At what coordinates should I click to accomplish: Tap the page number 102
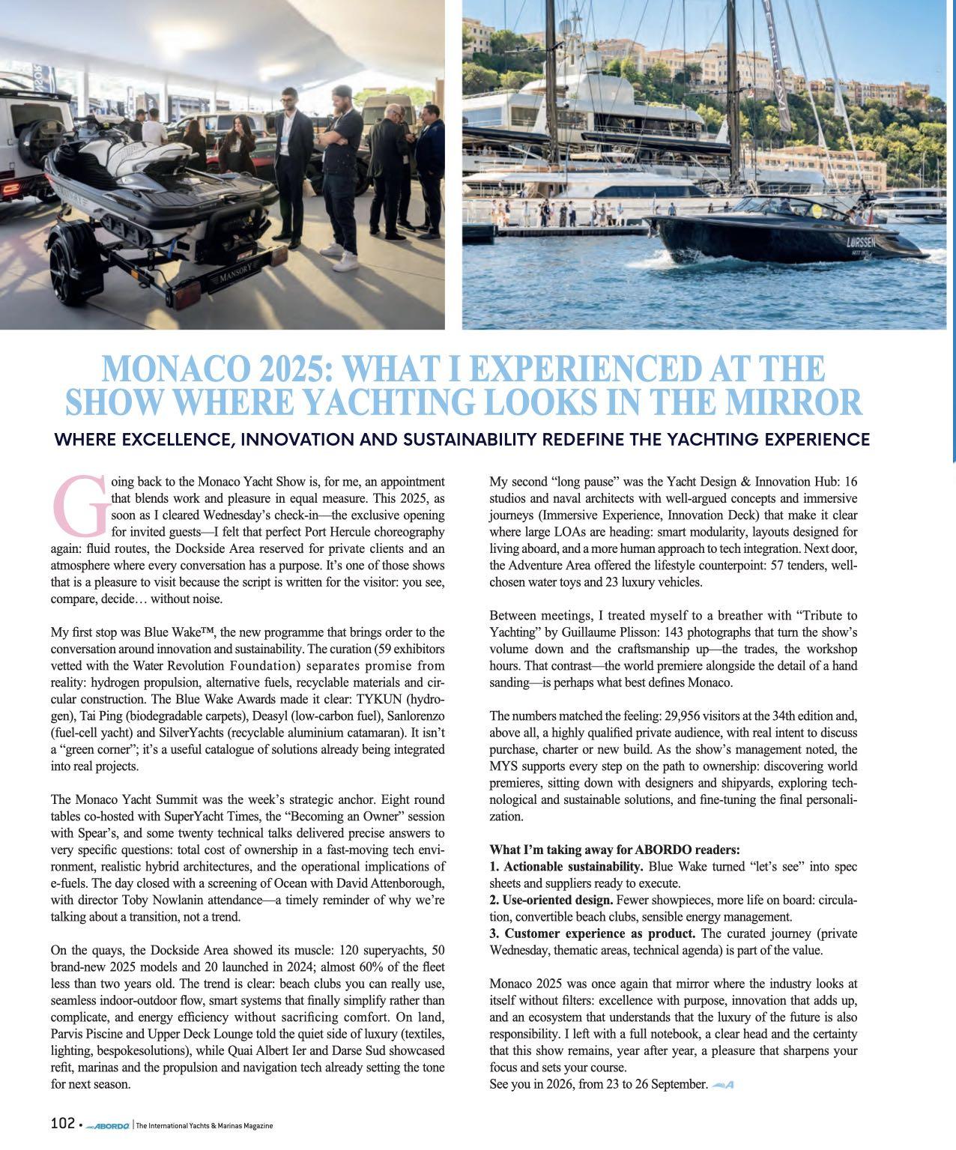62,1123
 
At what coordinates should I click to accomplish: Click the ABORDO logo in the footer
108,1125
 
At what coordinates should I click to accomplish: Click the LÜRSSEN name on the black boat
860,243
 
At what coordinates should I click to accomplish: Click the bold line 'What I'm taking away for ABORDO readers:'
614,850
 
